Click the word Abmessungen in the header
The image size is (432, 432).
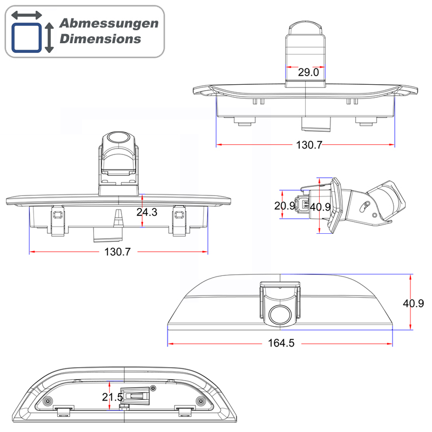(109, 24)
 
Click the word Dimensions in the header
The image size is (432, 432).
(100, 39)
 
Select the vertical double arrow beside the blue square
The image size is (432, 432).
(49, 37)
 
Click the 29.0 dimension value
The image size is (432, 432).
(308, 72)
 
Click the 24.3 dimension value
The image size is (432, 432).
(146, 212)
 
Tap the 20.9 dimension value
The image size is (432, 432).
(284, 206)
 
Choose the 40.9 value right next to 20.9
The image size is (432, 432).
(320, 206)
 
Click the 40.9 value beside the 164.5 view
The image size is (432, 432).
(413, 303)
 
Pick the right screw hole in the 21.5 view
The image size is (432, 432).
(201, 401)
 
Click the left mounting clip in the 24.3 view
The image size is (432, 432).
(57, 221)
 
